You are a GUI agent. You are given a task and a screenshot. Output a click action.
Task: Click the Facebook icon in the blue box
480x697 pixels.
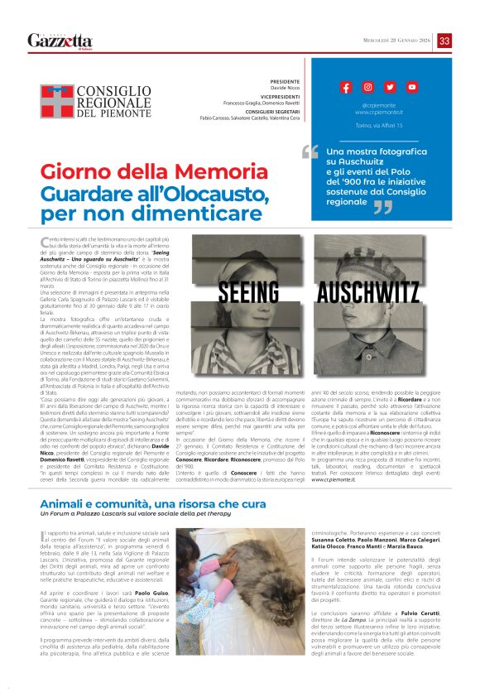346,87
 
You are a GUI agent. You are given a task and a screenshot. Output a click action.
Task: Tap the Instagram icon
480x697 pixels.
367,87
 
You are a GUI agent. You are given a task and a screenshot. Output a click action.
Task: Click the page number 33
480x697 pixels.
444,41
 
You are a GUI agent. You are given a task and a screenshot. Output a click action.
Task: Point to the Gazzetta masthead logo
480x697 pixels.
60,41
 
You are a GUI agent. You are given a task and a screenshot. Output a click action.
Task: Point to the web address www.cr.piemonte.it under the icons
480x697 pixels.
378,111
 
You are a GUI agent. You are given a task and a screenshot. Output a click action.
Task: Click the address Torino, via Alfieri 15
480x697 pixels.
378,125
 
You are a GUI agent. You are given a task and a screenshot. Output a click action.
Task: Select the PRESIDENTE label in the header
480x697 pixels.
284,82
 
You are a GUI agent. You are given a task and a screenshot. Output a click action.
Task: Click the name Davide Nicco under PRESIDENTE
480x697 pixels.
284,89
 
